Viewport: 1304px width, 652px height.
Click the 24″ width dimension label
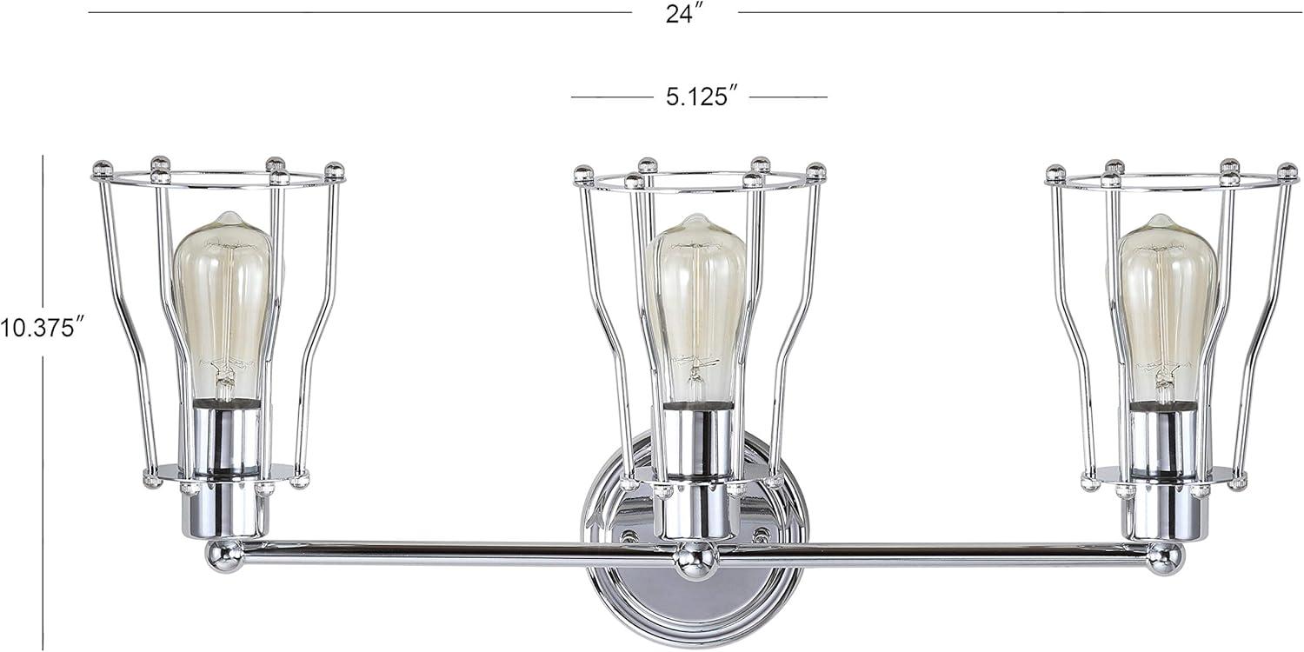(684, 15)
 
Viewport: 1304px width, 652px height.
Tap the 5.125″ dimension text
(696, 96)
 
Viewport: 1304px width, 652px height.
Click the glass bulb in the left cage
(223, 296)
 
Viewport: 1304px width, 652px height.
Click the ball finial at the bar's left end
(223, 555)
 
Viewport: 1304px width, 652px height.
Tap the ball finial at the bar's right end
(1165, 558)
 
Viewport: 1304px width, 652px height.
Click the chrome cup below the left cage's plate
(225, 510)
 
